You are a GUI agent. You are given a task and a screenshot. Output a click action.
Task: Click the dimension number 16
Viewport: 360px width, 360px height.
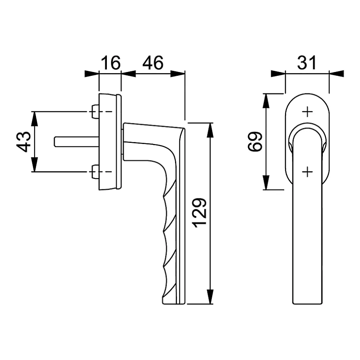coord(110,62)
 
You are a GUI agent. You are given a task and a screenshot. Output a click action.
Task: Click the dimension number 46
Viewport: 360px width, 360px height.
coord(153,62)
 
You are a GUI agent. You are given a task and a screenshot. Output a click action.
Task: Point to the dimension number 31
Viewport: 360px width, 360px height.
coord(307,62)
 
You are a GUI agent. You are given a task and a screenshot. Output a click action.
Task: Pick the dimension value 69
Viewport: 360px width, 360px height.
coord(255,141)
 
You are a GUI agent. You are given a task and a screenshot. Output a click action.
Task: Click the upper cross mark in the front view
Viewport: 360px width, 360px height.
coord(307,112)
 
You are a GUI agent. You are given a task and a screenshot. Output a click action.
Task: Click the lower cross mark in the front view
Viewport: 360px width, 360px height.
coord(307,172)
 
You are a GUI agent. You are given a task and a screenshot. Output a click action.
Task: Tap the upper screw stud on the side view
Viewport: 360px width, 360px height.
coord(95,112)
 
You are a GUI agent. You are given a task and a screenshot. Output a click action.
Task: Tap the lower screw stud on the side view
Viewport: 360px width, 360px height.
coord(95,172)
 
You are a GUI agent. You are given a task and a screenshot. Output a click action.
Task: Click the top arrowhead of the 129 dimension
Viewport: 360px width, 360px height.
coord(210,129)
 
